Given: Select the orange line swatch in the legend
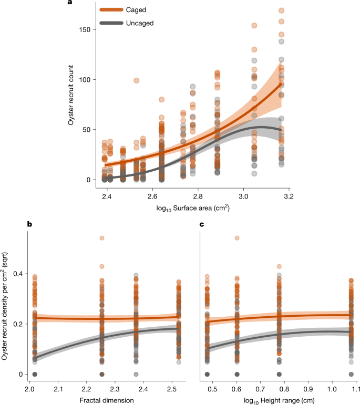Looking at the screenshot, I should click(111, 10).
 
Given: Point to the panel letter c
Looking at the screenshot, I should click(202, 224).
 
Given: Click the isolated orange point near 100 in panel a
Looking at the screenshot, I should click(136, 80).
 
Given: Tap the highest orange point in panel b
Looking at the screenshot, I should click(101, 238).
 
